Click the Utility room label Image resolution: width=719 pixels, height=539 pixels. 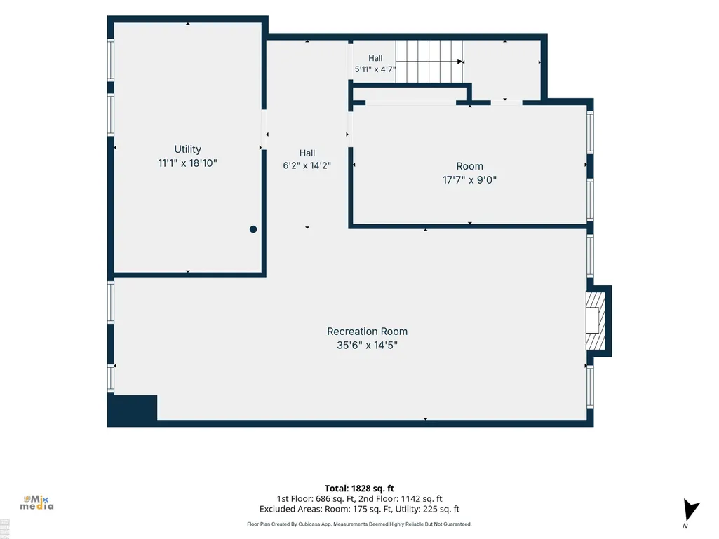(x=187, y=149)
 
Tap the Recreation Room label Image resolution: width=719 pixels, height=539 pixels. (x=367, y=332)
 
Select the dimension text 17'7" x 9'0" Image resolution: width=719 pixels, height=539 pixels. (x=469, y=179)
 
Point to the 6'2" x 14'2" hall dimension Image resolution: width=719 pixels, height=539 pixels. (x=307, y=165)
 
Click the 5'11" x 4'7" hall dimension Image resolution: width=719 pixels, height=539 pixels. (x=375, y=69)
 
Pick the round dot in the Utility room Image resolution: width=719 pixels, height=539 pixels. (x=253, y=229)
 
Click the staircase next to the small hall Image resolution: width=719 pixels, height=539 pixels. (x=429, y=62)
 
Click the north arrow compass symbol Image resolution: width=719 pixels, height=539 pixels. (x=690, y=510)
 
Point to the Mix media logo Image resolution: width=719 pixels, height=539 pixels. (x=36, y=503)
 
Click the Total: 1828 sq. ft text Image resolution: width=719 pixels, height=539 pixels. (x=359, y=488)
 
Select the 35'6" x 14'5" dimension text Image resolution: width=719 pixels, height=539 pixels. (x=367, y=345)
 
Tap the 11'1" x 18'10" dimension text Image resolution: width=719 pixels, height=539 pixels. (x=187, y=163)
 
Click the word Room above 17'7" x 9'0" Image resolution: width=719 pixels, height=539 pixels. (x=469, y=166)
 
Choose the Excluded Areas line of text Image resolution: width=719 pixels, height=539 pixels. (x=359, y=509)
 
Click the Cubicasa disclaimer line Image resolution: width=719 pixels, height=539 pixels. (x=359, y=524)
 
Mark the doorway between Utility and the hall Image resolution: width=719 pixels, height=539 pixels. (x=264, y=130)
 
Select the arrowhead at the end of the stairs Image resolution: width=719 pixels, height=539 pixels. (x=460, y=62)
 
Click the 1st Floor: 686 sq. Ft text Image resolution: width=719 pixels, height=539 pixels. (x=314, y=498)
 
